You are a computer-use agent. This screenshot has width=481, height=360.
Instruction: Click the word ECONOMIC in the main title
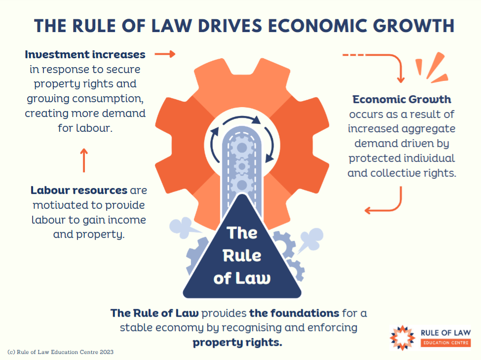[x=318, y=26]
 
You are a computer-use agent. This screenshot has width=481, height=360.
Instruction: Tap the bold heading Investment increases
[x=85, y=54]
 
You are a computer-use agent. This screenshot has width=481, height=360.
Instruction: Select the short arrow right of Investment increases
[x=165, y=54]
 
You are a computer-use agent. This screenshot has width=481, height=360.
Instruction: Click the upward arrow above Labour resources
[x=84, y=160]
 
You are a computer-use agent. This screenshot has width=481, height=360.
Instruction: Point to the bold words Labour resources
[x=79, y=190]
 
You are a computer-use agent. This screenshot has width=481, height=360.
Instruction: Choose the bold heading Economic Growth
[x=402, y=99]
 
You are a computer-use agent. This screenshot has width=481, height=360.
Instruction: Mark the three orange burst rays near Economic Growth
[x=432, y=68]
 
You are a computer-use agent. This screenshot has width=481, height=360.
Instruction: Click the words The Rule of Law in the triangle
[x=242, y=256]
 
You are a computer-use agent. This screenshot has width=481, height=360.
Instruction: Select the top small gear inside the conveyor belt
[x=242, y=148]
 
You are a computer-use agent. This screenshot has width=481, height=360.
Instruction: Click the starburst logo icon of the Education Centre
[x=403, y=338]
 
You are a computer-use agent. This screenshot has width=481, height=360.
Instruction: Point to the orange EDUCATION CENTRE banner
[x=445, y=343]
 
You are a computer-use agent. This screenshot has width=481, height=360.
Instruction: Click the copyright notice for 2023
[x=60, y=352]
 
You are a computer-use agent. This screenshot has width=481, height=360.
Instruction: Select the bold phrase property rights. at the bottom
[x=237, y=342]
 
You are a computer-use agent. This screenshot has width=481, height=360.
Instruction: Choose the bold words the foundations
[x=294, y=313]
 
